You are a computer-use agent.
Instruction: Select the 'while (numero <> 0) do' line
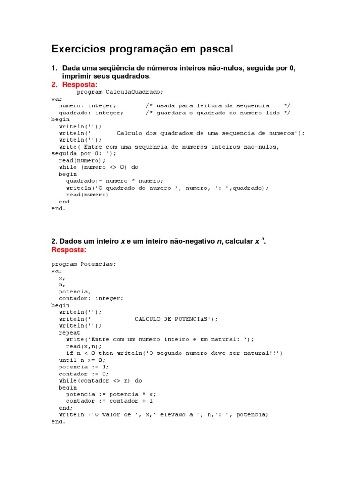pos(98,167)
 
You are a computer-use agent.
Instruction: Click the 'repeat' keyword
pos(69,333)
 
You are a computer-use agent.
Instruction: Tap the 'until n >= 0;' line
pos(82,360)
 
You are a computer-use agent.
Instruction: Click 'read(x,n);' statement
pos(83,346)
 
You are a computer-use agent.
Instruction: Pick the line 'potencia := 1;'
pos(83,367)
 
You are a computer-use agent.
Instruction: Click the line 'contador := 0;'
pos(83,374)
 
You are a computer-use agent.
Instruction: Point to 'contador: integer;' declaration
pos(91,298)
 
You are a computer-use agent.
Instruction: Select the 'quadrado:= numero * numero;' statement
pos(114,181)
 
